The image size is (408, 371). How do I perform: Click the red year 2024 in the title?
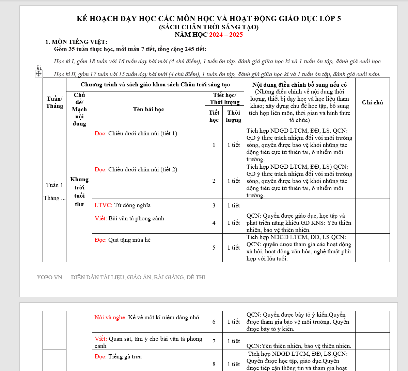pos(216,35)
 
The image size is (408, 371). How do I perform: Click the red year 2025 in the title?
pos(236,35)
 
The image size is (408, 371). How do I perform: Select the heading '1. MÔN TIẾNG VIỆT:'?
pos(76,42)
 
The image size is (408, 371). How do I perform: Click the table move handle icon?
pos(38,73)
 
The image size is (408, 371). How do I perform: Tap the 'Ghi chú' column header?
pos(372,102)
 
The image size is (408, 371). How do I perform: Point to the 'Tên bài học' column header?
pos(148,109)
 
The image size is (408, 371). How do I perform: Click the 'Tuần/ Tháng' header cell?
pos(54,102)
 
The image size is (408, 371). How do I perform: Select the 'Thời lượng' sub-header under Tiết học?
pos(233,116)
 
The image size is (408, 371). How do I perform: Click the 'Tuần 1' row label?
pos(54,185)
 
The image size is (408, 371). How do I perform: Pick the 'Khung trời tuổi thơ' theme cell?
pos(79,191)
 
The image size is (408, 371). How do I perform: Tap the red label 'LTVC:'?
pos(104,205)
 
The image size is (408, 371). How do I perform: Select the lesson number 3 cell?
pos(214,205)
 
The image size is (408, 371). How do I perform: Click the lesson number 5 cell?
pos(214,248)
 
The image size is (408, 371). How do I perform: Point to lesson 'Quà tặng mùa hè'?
pos(129,240)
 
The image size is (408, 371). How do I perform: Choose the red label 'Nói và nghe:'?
pos(110,317)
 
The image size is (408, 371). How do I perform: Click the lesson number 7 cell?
pos(214,341)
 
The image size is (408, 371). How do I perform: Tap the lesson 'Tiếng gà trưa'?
pos(125,356)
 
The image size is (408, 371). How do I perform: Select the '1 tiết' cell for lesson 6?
pos(233,322)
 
